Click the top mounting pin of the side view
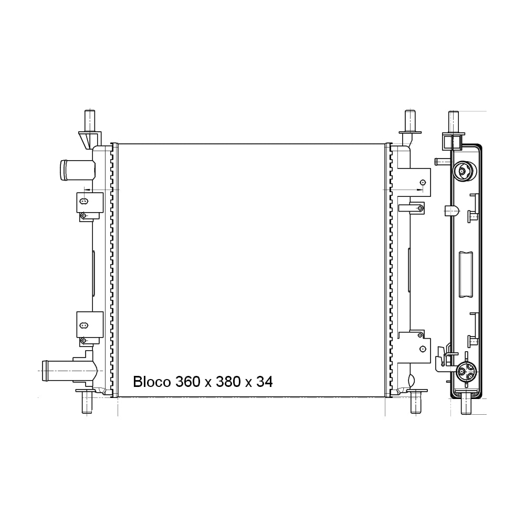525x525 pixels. point(454,121)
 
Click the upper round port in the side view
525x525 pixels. point(463,171)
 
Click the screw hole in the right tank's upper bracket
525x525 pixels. point(422,182)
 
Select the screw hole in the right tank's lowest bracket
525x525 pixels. point(422,349)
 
